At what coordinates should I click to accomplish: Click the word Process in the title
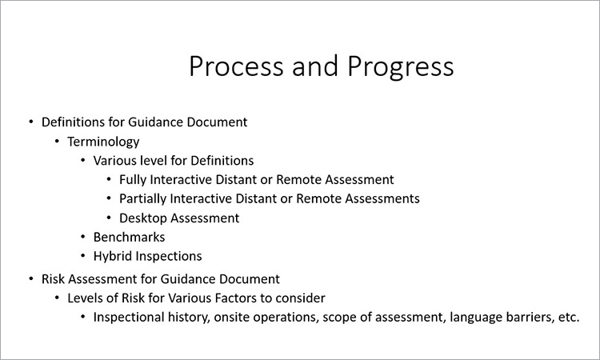236,66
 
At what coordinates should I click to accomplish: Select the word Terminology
103,142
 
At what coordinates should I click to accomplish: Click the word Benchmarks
129,237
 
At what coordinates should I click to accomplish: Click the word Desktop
142,218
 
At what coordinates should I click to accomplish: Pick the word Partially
142,199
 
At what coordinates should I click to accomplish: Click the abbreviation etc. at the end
569,318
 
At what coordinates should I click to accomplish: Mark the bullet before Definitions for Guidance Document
31,122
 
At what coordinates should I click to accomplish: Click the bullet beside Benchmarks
83,237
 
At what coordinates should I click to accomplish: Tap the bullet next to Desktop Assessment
109,218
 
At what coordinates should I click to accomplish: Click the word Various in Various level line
114,161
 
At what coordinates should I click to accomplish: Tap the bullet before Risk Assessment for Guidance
31,279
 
